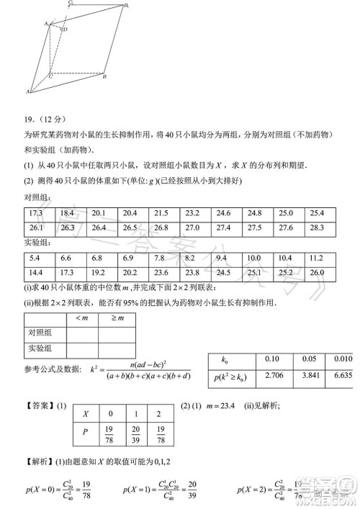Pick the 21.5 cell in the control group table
pyautogui.click(x=161, y=213)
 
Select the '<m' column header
pyautogui.click(x=75, y=317)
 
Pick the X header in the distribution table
pyautogui.click(x=86, y=414)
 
